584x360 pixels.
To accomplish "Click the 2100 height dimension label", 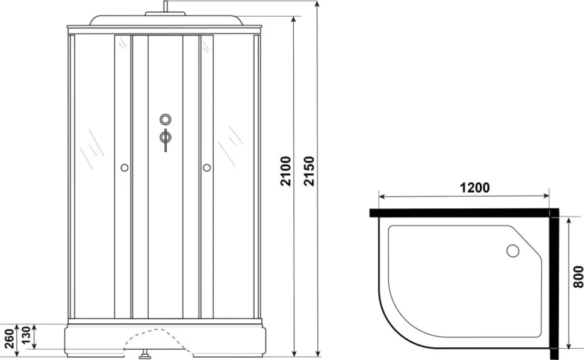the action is tap(285, 171).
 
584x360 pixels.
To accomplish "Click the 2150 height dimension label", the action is tap(309, 171).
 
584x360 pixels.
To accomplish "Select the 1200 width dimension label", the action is tap(474, 188).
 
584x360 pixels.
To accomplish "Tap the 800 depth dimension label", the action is tap(578, 276).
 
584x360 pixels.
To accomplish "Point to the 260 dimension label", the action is tap(10, 339).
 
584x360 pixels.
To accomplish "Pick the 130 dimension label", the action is tap(26, 336).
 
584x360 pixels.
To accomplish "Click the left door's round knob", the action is tap(125, 168).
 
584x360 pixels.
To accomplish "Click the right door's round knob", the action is tap(207, 168).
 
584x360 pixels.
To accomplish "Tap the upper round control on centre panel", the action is tap(166, 120).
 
